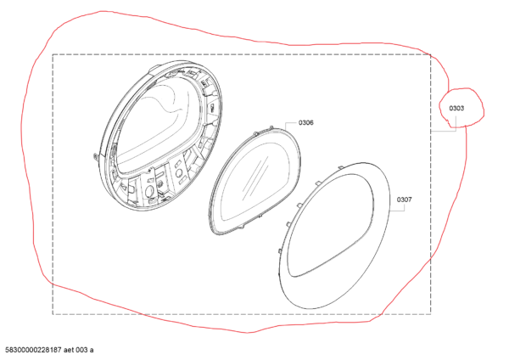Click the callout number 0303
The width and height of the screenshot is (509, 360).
[456, 108]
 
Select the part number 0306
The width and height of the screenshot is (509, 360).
[305, 122]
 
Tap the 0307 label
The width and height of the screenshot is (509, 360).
[404, 200]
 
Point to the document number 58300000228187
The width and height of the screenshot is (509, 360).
[33, 350]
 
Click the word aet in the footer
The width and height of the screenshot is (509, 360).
[70, 350]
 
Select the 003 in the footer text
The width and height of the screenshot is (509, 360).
[82, 350]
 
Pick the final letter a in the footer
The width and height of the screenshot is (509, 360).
[92, 351]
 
